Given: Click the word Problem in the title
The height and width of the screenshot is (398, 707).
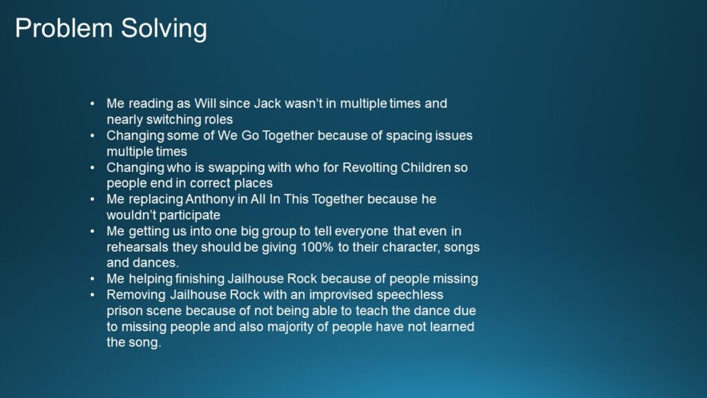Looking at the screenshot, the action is coord(64,28).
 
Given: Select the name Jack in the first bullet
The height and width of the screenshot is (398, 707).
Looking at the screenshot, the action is coord(267,104).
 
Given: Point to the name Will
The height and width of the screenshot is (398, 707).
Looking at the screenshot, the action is coord(204,104).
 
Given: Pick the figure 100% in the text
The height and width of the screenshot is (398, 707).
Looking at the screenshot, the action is coord(317,247).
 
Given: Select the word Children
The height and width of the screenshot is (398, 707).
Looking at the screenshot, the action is coord(425,167).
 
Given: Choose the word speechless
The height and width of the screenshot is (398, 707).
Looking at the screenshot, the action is coord(410,295).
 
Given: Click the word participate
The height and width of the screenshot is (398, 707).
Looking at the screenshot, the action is coord(191,216).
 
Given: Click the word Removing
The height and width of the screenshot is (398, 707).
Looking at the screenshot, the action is coord(137,295).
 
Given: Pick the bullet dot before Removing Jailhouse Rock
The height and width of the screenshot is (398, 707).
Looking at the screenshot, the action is coord(93,295).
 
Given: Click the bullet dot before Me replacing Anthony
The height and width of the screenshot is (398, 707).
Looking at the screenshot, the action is coord(93,200).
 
